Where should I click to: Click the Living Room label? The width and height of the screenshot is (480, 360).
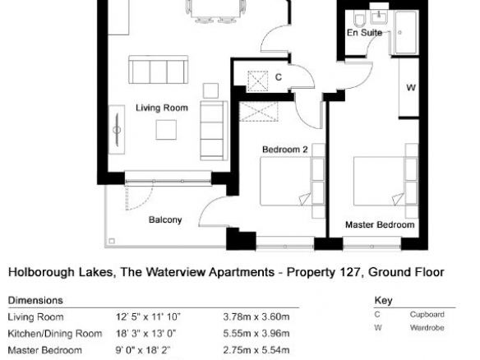pyautogui.click(x=162, y=108)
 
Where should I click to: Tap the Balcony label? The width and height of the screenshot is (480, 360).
pyautogui.click(x=165, y=219)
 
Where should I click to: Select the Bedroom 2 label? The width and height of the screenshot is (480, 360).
pyautogui.click(x=285, y=150)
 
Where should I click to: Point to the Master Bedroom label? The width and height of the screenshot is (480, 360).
pyautogui.click(x=380, y=224)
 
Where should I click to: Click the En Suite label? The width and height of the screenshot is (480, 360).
pyautogui.click(x=365, y=32)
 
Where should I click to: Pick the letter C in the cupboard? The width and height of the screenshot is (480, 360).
pyautogui.click(x=279, y=77)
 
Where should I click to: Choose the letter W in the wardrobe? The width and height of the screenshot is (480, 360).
pyautogui.click(x=411, y=88)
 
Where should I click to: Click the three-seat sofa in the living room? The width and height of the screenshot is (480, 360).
pyautogui.click(x=159, y=70)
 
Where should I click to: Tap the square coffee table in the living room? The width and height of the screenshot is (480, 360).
pyautogui.click(x=166, y=130)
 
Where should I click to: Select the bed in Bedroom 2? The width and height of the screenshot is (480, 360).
pyautogui.click(x=292, y=181)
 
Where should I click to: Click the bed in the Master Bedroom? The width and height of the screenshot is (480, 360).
pyautogui.click(x=385, y=181)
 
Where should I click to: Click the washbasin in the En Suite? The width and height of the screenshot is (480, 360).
pyautogui.click(x=379, y=16)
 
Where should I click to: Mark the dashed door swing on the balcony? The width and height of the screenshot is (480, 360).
pyautogui.click(x=139, y=196)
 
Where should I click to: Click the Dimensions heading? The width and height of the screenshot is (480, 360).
pyautogui.click(x=35, y=300)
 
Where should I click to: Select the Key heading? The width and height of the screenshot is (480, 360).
pyautogui.click(x=383, y=301)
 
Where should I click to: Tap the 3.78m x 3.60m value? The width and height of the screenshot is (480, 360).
pyautogui.click(x=256, y=316)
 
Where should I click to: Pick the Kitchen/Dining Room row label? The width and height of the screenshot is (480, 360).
pyautogui.click(x=55, y=334)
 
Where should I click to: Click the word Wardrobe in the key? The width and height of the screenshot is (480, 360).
pyautogui.click(x=427, y=328)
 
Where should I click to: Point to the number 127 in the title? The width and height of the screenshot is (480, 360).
pyautogui.click(x=349, y=272)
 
